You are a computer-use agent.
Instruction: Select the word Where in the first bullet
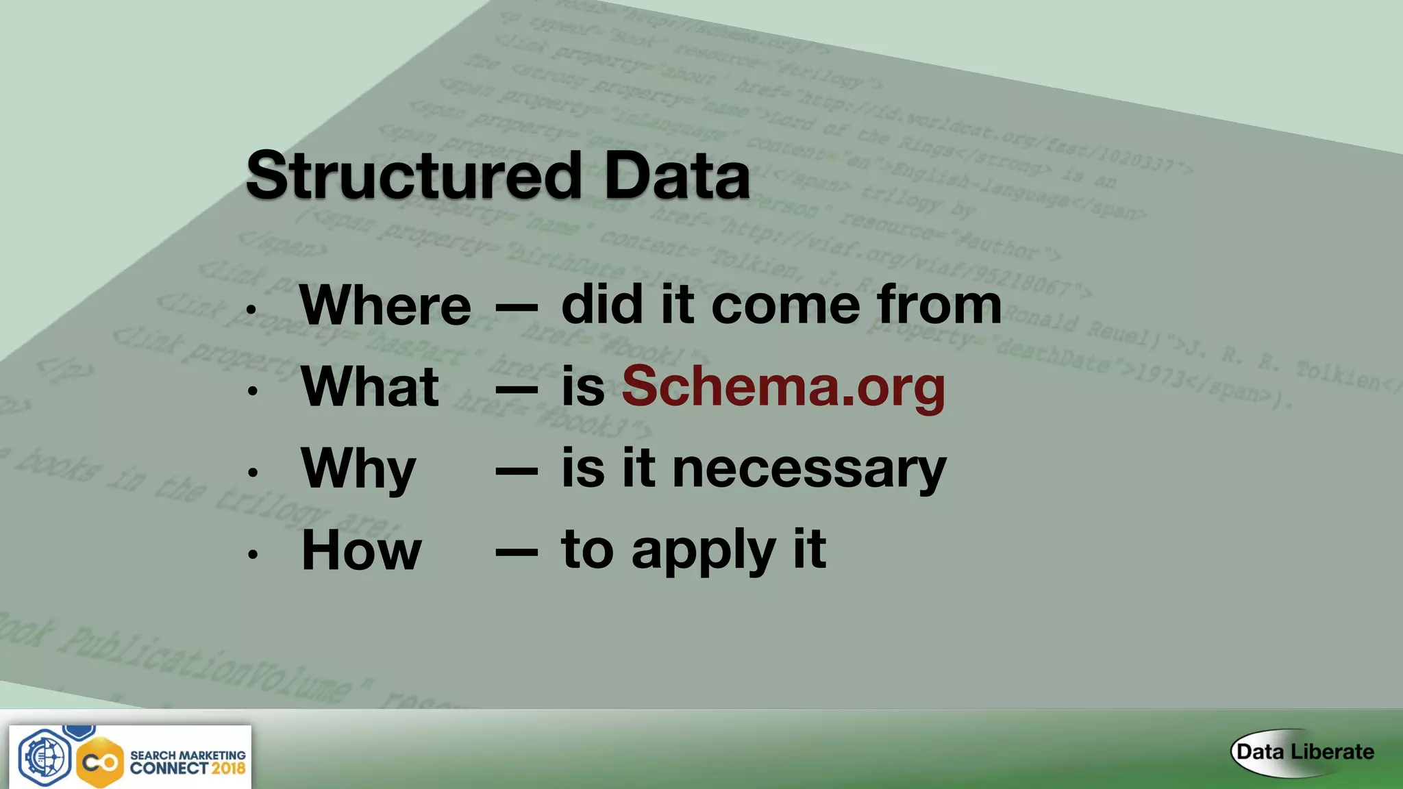pyautogui.click(x=385, y=305)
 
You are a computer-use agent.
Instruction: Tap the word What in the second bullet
pyautogui.click(x=370, y=387)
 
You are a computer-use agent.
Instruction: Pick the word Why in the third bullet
pyautogui.click(x=358, y=470)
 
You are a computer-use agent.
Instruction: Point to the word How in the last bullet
pyautogui.click(x=361, y=550)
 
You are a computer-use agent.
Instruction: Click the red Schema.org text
pyautogui.click(x=783, y=387)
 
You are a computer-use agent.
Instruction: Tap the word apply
pyautogui.click(x=704, y=551)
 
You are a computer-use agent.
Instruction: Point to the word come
pyautogui.click(x=786, y=305)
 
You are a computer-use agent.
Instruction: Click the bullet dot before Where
pyautogui.click(x=252, y=310)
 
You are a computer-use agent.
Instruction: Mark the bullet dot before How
pyautogui.click(x=253, y=554)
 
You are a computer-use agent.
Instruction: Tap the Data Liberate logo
pyautogui.click(x=1304, y=752)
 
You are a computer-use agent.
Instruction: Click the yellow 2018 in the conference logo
pyautogui.click(x=228, y=768)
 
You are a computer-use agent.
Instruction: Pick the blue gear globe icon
pyautogui.click(x=45, y=757)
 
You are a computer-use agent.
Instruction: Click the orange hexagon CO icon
pyautogui.click(x=100, y=762)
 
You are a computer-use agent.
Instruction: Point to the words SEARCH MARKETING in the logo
pyautogui.click(x=188, y=755)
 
